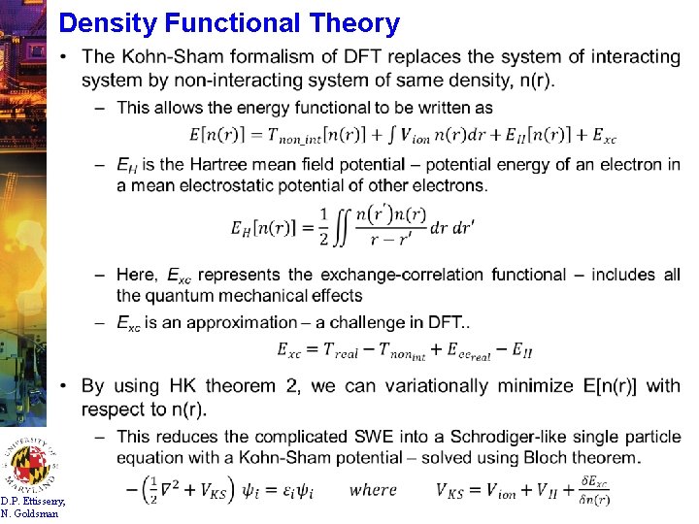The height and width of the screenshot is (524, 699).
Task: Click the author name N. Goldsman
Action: [x=30, y=513]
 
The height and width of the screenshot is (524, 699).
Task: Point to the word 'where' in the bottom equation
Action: [x=374, y=490]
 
